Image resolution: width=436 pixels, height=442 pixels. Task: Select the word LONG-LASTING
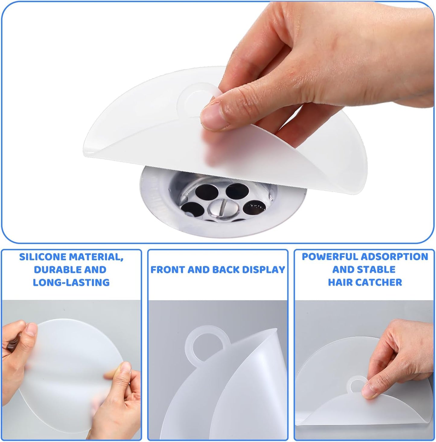(71, 282)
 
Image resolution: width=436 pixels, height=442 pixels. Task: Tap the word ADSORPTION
(395, 257)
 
